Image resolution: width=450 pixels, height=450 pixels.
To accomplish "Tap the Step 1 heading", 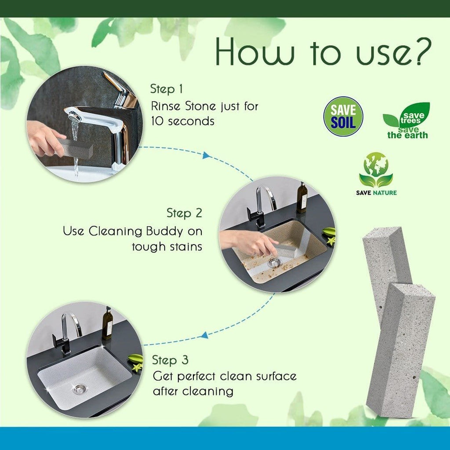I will coord(166,89).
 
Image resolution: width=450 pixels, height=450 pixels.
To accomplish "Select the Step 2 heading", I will coord(184,213).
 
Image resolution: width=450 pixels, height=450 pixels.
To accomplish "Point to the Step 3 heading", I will coord(170,360).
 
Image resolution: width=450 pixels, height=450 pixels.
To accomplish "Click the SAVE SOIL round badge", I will coord(343,116).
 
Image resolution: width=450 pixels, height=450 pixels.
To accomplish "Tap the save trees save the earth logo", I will coord(406,121).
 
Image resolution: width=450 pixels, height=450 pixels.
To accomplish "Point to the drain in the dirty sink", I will coord(274,262).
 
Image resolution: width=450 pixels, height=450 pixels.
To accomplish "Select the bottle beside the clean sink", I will coord(107,323).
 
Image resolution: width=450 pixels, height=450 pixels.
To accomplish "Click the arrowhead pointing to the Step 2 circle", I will coord(205,155).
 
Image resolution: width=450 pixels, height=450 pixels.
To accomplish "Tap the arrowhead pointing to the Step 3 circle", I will coord(203,335).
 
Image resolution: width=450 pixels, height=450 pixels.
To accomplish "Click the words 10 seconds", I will coord(183,121).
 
